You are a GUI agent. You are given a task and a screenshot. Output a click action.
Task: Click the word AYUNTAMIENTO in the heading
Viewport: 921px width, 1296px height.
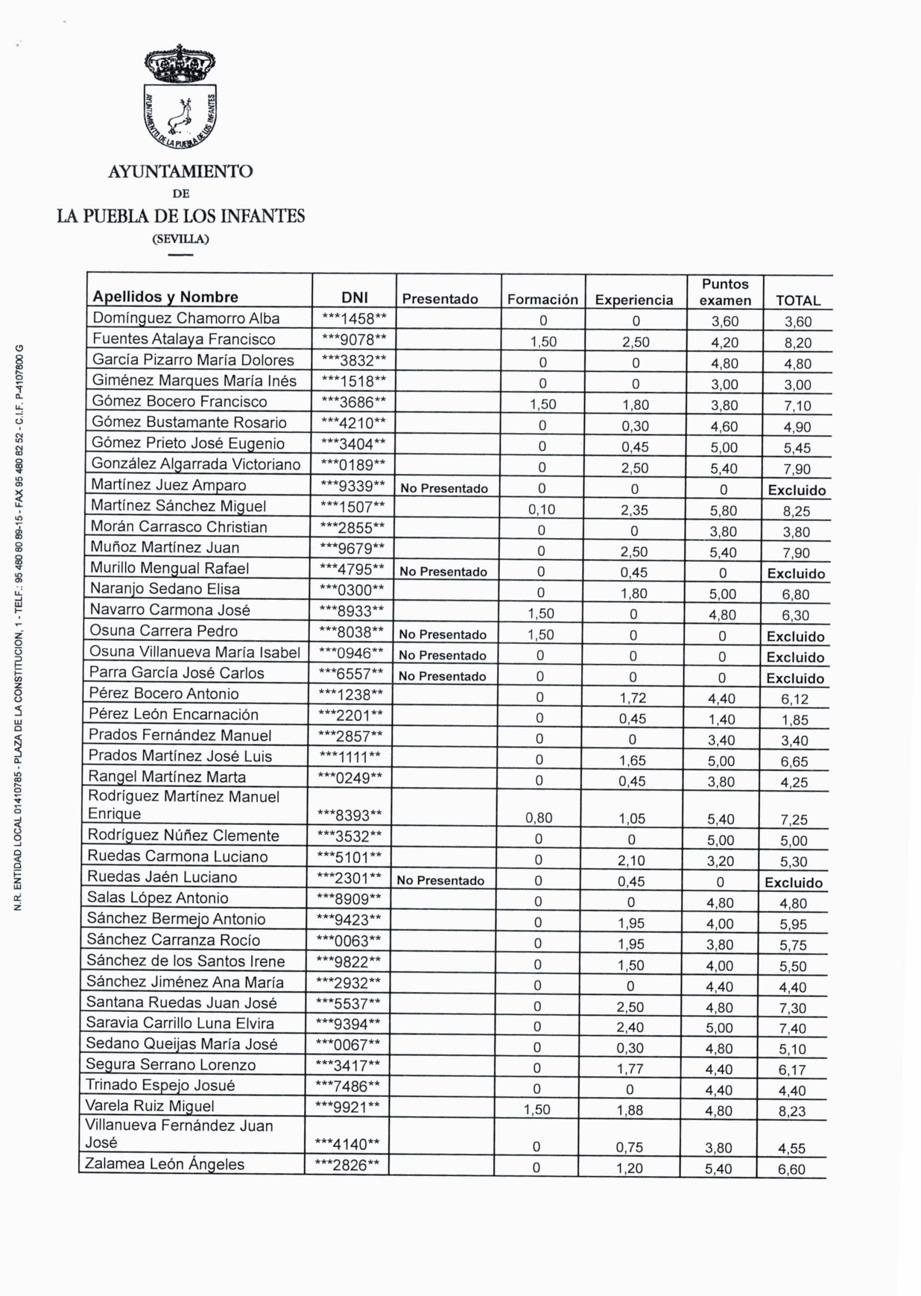pyautogui.click(x=180, y=171)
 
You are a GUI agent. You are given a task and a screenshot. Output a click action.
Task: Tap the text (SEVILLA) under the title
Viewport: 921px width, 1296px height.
pyautogui.click(x=180, y=239)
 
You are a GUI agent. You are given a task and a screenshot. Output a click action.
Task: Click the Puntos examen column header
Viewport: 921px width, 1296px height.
pyautogui.click(x=725, y=292)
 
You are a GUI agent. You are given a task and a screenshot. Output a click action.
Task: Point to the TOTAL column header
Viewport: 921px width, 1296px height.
pyautogui.click(x=797, y=300)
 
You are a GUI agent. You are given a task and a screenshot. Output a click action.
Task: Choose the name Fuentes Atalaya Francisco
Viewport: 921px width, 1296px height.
pyautogui.click(x=183, y=339)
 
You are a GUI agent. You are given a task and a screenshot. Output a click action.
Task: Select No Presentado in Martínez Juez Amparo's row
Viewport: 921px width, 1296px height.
pyautogui.click(x=444, y=489)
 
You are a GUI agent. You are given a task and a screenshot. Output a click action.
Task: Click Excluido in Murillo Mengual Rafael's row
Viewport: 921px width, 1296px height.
pyautogui.click(x=796, y=574)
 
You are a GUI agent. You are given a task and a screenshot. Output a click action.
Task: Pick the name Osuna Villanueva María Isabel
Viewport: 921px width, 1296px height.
pyautogui.click(x=194, y=652)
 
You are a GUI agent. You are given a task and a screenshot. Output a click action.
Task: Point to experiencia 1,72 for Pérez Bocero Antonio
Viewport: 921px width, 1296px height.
pyautogui.click(x=633, y=698)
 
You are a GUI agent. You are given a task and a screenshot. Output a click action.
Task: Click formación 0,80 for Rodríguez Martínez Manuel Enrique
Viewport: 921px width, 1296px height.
pyautogui.click(x=539, y=818)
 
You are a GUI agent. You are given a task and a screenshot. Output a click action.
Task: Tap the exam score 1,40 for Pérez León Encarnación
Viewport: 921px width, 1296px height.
pyautogui.click(x=721, y=719)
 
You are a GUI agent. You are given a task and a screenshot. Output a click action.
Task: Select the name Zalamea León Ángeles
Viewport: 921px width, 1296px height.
pyautogui.click(x=165, y=1164)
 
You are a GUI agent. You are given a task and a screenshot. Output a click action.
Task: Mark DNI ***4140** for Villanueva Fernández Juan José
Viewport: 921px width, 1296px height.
pyautogui.click(x=347, y=1144)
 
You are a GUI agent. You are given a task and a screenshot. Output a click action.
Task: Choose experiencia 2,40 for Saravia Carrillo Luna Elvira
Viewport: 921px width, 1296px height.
pyautogui.click(x=630, y=1027)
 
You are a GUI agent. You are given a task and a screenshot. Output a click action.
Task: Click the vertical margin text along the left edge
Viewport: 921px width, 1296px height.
pyautogui.click(x=19, y=626)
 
